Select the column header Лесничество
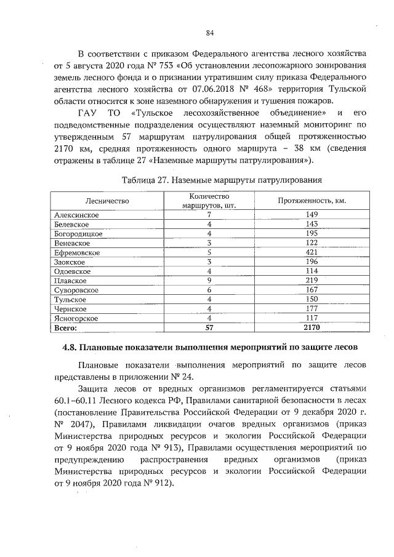106,201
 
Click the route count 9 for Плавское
209,281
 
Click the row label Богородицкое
78,234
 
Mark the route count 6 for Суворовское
209,290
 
